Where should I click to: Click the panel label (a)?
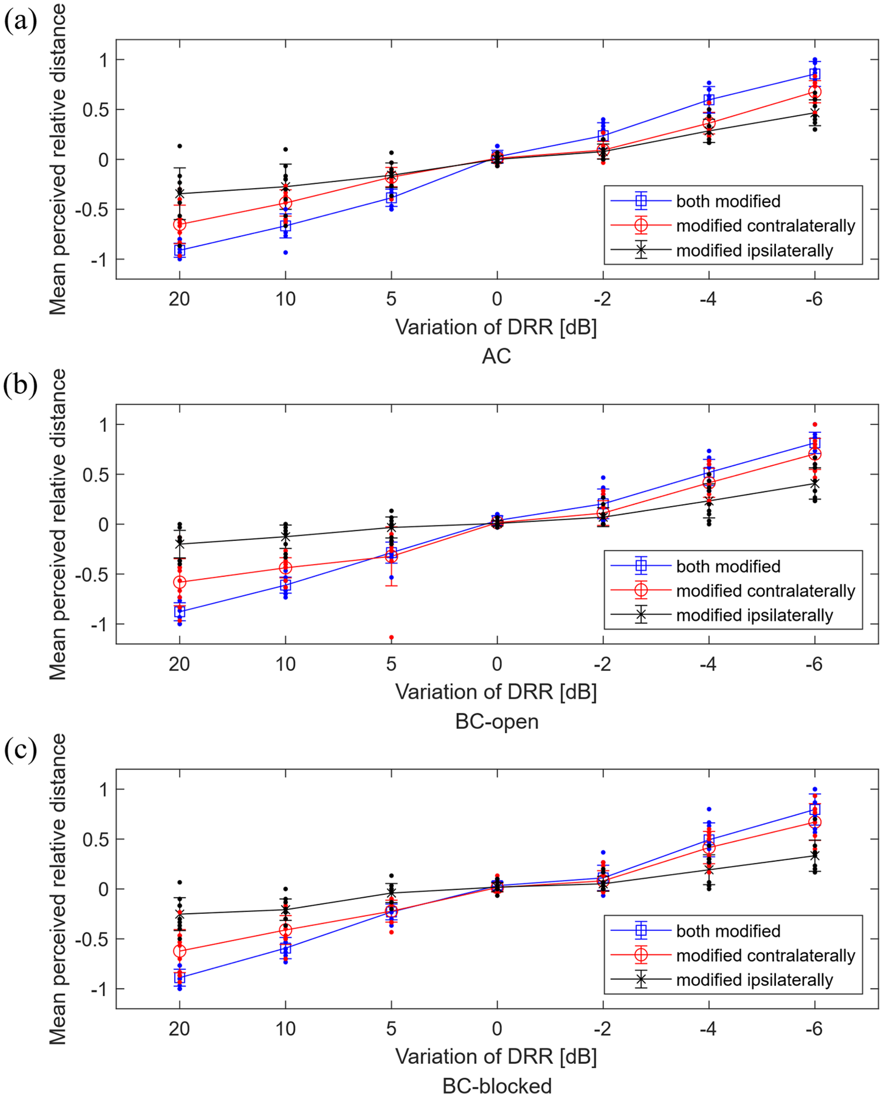click(x=20, y=22)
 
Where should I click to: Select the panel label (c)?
click(x=20, y=750)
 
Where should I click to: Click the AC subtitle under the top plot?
click(x=496, y=356)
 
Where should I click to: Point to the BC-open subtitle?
click(x=497, y=721)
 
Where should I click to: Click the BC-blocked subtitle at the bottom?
click(x=497, y=1086)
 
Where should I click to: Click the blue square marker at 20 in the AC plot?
click(x=180, y=250)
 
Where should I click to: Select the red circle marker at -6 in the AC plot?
click(x=815, y=92)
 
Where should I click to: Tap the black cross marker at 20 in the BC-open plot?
click(x=180, y=544)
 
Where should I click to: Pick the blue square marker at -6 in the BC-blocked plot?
click(x=815, y=809)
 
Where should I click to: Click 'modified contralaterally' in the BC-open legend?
click(x=766, y=591)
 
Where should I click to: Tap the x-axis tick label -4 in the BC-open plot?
click(x=708, y=664)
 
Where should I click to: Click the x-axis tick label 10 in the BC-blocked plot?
click(x=285, y=1029)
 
